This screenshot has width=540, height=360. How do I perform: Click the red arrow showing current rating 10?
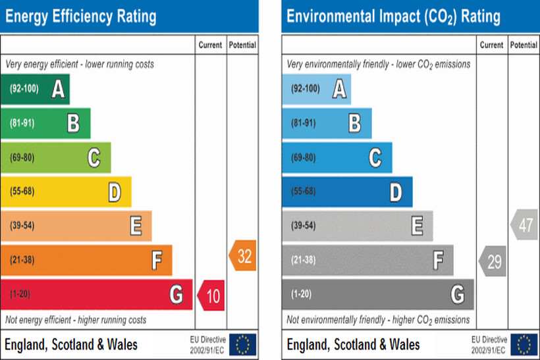(211, 295)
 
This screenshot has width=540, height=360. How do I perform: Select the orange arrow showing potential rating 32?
(242, 255)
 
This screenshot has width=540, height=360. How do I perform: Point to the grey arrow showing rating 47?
(524, 225)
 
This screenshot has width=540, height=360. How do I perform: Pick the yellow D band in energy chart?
(66, 192)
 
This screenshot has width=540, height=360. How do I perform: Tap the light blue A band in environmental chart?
(316, 89)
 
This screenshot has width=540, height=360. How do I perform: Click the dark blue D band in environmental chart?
(347, 192)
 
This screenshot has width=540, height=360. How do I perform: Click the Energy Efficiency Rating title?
(80, 16)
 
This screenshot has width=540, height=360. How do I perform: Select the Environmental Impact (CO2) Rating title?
(393, 16)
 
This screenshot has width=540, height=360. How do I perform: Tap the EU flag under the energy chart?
(242, 344)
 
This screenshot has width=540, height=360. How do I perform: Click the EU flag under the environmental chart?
(524, 344)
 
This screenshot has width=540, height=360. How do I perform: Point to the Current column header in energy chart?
(210, 45)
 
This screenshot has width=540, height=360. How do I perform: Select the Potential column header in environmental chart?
(524, 45)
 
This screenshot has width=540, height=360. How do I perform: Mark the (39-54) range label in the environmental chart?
(305, 226)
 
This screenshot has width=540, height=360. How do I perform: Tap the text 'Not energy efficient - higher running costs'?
(76, 320)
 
